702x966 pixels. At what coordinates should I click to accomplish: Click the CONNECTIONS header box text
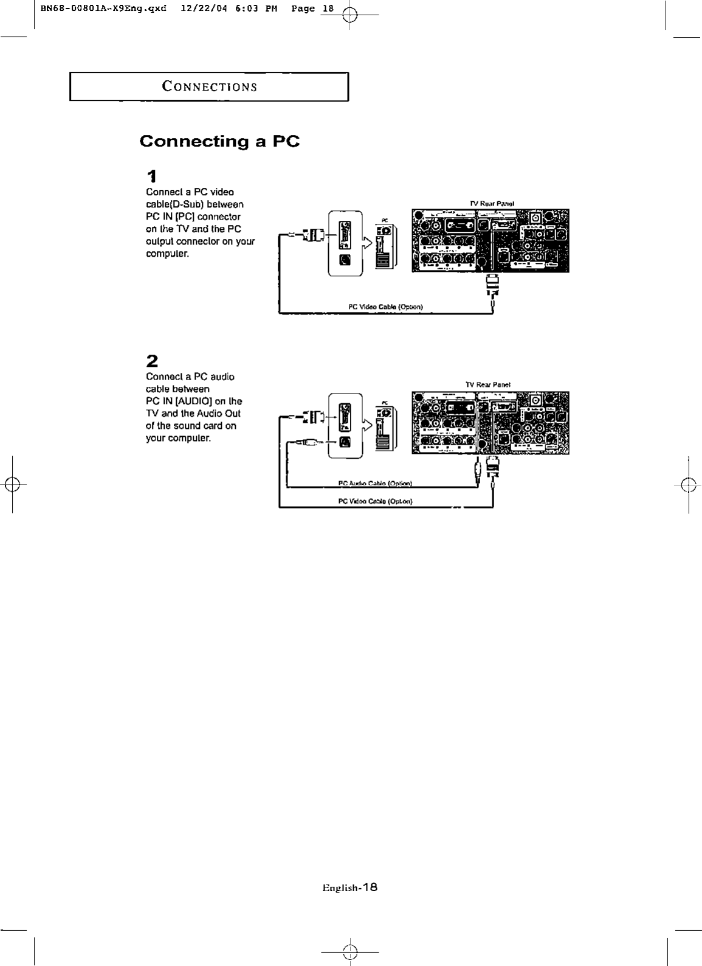[x=209, y=86]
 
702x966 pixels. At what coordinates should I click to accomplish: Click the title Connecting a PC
[x=219, y=141]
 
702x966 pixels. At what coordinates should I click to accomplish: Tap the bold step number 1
[x=152, y=176]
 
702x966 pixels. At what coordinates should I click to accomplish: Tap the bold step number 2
[x=152, y=361]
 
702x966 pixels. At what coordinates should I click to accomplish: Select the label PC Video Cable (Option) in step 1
[x=385, y=307]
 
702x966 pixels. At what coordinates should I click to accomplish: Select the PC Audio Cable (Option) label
[x=375, y=484]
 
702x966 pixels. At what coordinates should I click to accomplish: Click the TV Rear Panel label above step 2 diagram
[x=487, y=384]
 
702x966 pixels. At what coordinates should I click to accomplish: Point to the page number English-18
[x=349, y=888]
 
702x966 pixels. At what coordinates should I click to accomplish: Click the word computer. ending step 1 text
[x=167, y=254]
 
